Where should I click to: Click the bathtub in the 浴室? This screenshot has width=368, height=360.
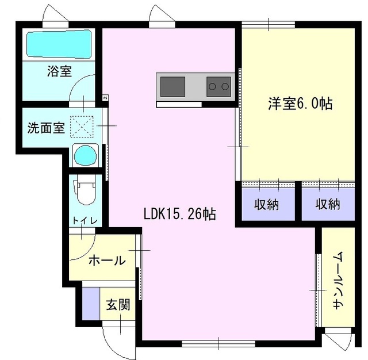click(x=59, y=45)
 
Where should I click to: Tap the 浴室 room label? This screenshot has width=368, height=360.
click(x=60, y=71)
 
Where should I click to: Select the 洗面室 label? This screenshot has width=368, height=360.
click(x=46, y=128)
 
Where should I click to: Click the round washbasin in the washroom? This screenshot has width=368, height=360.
click(x=85, y=155)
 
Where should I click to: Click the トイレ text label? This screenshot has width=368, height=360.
click(x=85, y=221)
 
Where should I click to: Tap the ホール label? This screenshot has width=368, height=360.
click(x=108, y=261)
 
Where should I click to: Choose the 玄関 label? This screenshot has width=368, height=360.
click(x=118, y=304)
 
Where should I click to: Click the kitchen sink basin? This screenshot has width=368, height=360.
click(x=172, y=87)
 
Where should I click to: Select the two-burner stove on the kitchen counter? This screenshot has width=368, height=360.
click(x=218, y=87)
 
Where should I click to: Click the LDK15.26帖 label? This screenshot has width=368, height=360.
click(x=179, y=214)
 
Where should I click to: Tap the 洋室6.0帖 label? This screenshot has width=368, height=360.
click(x=300, y=104)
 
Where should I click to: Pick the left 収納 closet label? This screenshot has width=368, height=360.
click(x=267, y=204)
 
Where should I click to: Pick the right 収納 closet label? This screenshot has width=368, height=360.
click(x=328, y=204)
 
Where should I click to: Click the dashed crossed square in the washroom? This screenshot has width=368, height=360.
click(x=82, y=127)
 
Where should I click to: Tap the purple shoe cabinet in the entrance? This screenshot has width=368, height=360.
click(x=91, y=304)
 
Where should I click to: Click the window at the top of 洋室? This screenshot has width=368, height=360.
click(x=269, y=25)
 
